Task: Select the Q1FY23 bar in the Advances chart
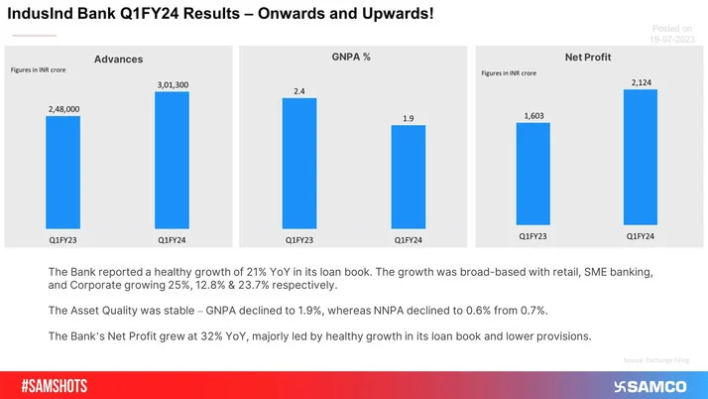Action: [62, 173]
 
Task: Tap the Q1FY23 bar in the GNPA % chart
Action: [299, 165]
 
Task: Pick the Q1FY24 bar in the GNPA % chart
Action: [408, 179]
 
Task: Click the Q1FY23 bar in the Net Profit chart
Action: [532, 174]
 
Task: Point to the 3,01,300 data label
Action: [173, 85]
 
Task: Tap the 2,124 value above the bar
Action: [641, 81]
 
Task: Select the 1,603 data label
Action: [533, 116]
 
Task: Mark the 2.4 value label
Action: [299, 91]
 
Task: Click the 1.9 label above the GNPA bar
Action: [408, 119]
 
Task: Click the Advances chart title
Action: [118, 60]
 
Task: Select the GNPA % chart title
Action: [351, 58]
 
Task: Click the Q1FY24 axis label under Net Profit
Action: [640, 236]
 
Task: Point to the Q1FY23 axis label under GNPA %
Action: [299, 239]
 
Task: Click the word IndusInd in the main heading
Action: [37, 16]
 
